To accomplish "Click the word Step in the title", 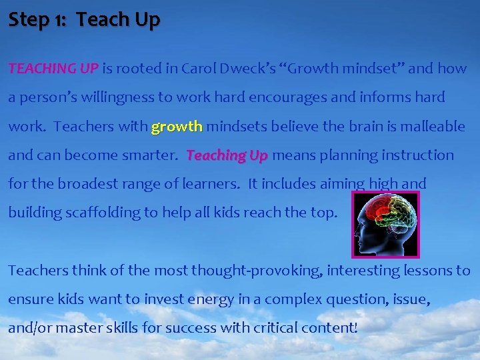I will (x=27, y=20).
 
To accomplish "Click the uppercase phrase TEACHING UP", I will (x=53, y=68).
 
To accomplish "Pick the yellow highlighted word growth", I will (x=177, y=126).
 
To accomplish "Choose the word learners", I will (x=211, y=184).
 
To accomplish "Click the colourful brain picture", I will (x=385, y=225).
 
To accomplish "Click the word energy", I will (x=209, y=299).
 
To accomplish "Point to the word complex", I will (x=287, y=299).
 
